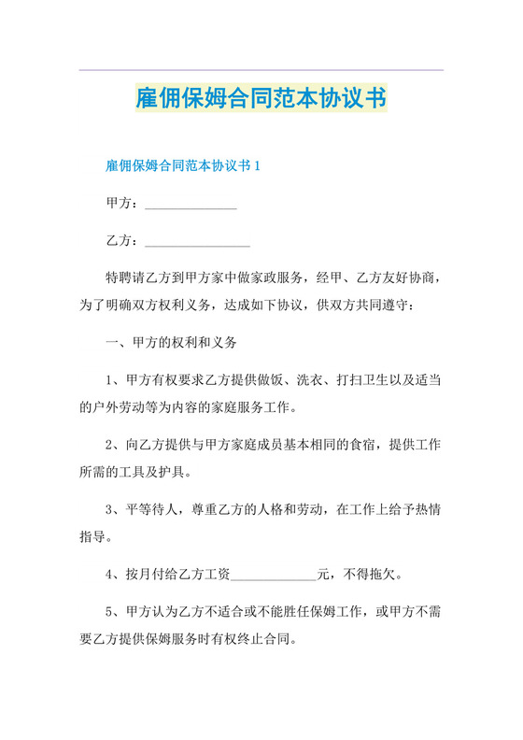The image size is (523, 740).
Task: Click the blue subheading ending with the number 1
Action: [183, 166]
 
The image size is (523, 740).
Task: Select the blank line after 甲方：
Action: [190, 204]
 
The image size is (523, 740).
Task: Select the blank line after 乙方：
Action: [196, 241]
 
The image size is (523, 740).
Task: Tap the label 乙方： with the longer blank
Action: [124, 241]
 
